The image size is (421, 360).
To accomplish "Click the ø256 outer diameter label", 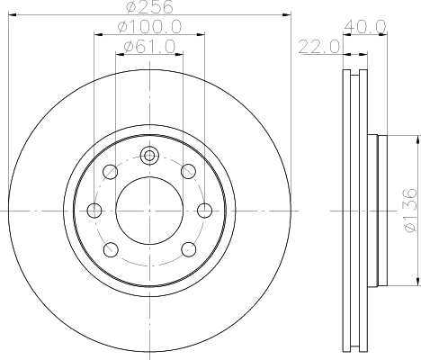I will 148,7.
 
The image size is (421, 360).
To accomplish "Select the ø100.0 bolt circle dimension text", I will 148,28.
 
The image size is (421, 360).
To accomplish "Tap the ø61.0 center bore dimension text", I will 148,46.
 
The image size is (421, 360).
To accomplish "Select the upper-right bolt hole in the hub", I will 188,171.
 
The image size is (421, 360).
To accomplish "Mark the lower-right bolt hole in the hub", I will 188,249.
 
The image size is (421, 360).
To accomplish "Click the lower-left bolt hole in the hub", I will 109,249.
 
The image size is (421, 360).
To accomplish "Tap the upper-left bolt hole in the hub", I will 109,171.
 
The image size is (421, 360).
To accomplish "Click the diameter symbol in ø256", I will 130,7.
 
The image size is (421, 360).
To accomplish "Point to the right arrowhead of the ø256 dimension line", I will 290,15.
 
